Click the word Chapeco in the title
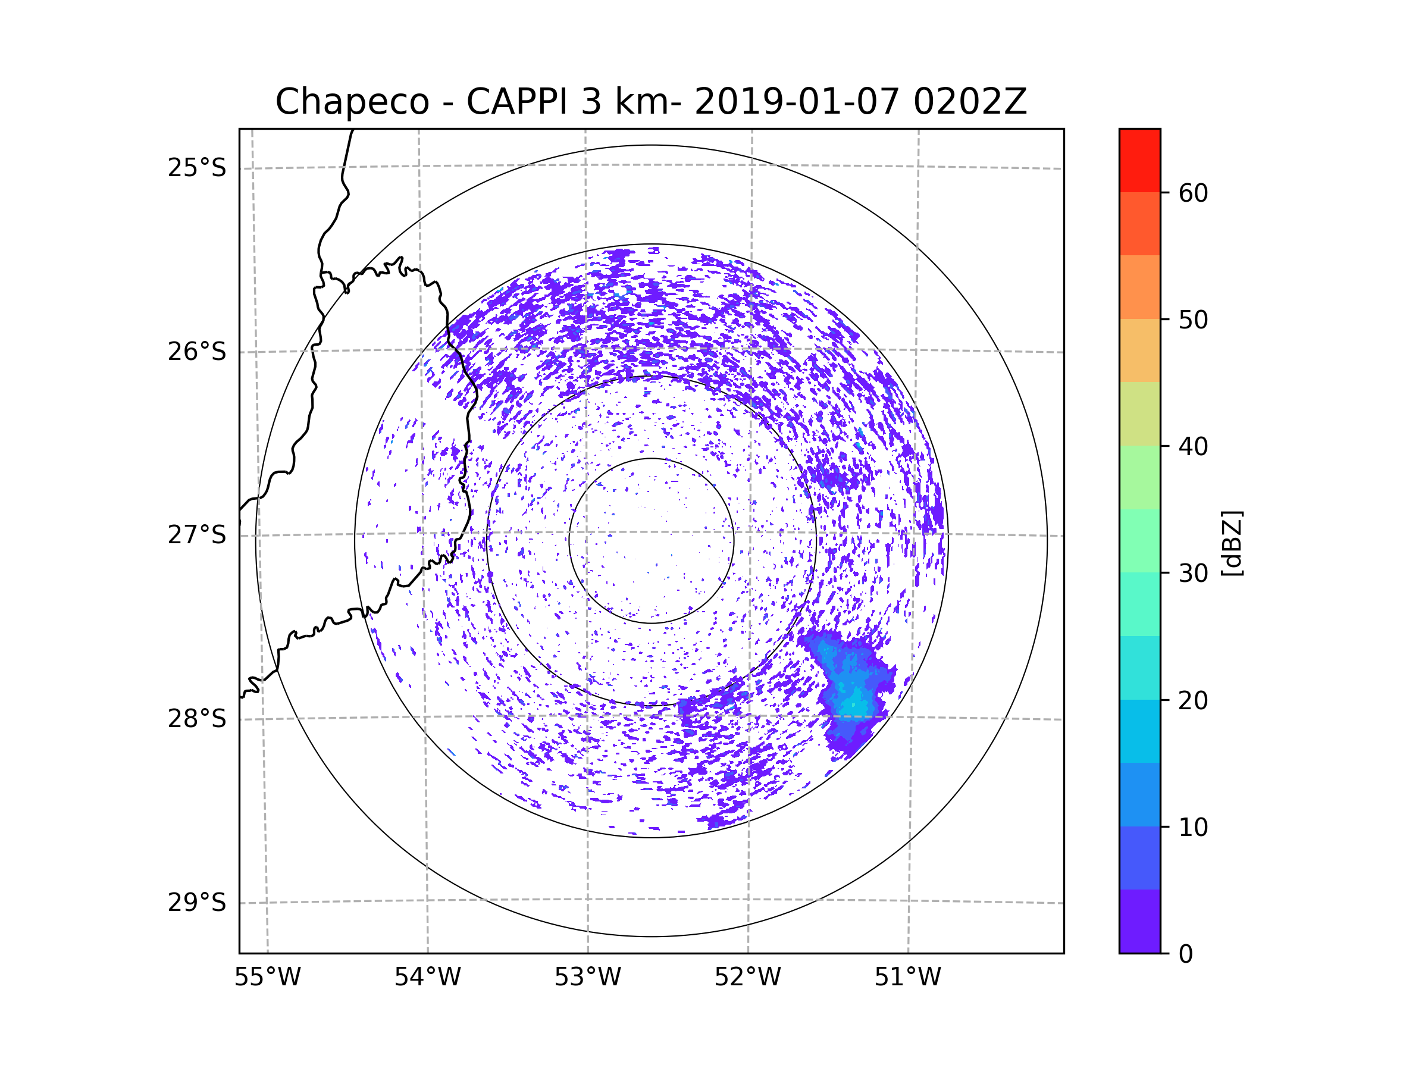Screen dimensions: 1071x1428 [x=352, y=102]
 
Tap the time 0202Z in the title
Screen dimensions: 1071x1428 [x=969, y=102]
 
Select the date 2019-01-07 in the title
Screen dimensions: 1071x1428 [x=797, y=102]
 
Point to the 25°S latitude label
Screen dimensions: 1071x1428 [x=197, y=168]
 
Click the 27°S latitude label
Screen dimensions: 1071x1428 [x=197, y=535]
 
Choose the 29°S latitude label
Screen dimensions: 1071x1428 [x=197, y=903]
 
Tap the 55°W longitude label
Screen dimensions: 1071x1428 [x=267, y=978]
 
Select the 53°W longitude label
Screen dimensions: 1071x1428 [x=587, y=978]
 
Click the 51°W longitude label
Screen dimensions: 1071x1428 [x=907, y=978]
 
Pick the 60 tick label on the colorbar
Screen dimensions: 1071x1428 [x=1193, y=193]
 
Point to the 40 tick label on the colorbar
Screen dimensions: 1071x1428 [x=1193, y=447]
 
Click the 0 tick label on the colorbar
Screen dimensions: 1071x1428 [x=1186, y=954]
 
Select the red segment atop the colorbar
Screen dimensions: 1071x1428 [x=1139, y=160]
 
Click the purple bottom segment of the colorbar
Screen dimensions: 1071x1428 [x=1139, y=921]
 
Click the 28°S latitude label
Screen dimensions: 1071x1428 [x=197, y=719]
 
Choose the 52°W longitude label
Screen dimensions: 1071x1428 [x=747, y=978]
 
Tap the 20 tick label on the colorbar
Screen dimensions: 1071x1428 [x=1193, y=700]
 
